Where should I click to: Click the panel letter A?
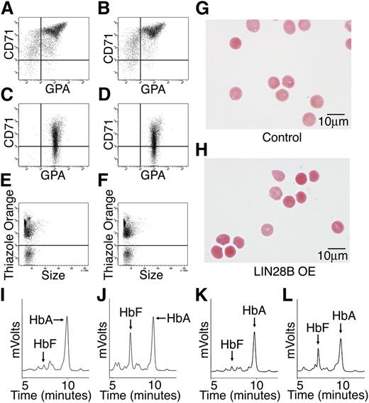pyautogui.click(x=6, y=9)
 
